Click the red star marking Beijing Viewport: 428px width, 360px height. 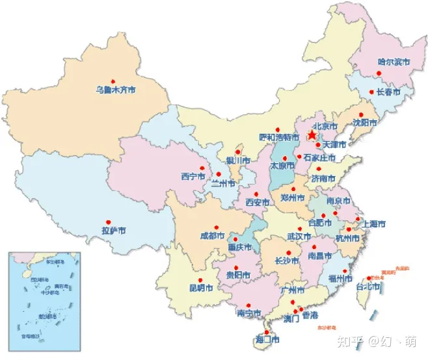(312, 135)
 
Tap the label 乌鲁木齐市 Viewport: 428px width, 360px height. (116, 90)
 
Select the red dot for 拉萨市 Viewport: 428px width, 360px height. (118, 222)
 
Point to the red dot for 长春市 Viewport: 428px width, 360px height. (371, 92)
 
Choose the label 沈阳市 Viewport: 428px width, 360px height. (365, 122)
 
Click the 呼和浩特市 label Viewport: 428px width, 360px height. (278, 137)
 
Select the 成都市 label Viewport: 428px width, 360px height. (213, 235)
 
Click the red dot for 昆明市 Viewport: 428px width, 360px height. (199, 279)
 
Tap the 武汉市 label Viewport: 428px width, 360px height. (299, 237)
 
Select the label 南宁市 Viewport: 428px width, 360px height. (250, 313)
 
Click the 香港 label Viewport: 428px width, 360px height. (310, 316)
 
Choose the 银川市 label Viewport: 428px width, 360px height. (238, 160)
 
